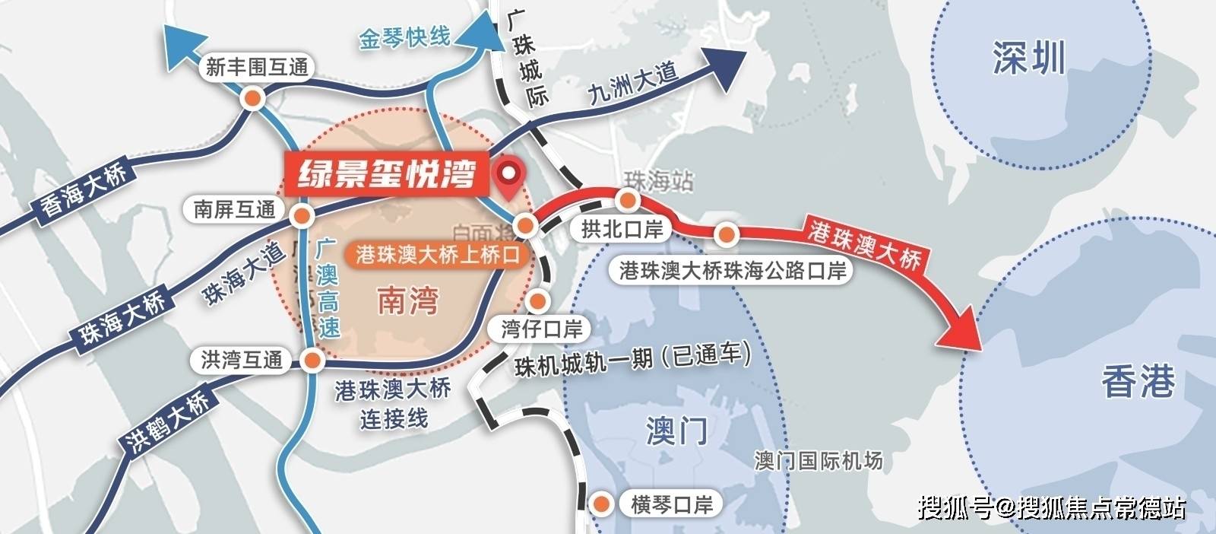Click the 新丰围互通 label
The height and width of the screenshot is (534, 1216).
click(x=257, y=68)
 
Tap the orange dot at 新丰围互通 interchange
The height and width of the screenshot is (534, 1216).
click(x=253, y=98)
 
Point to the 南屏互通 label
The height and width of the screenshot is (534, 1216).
click(x=235, y=209)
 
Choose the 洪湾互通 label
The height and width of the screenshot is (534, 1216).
click(x=241, y=360)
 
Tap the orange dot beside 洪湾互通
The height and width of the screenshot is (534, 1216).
click(x=311, y=361)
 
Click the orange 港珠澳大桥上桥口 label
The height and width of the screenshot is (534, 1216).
click(x=439, y=255)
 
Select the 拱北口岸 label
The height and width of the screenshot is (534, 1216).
click(x=622, y=229)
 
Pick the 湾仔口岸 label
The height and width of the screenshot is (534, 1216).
click(x=542, y=329)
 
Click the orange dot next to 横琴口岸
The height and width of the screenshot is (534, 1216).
click(x=602, y=504)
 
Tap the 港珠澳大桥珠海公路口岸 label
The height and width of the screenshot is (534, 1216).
click(x=733, y=271)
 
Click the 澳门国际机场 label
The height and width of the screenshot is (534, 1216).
click(x=819, y=460)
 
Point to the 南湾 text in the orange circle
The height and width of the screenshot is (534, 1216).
click(x=407, y=301)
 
